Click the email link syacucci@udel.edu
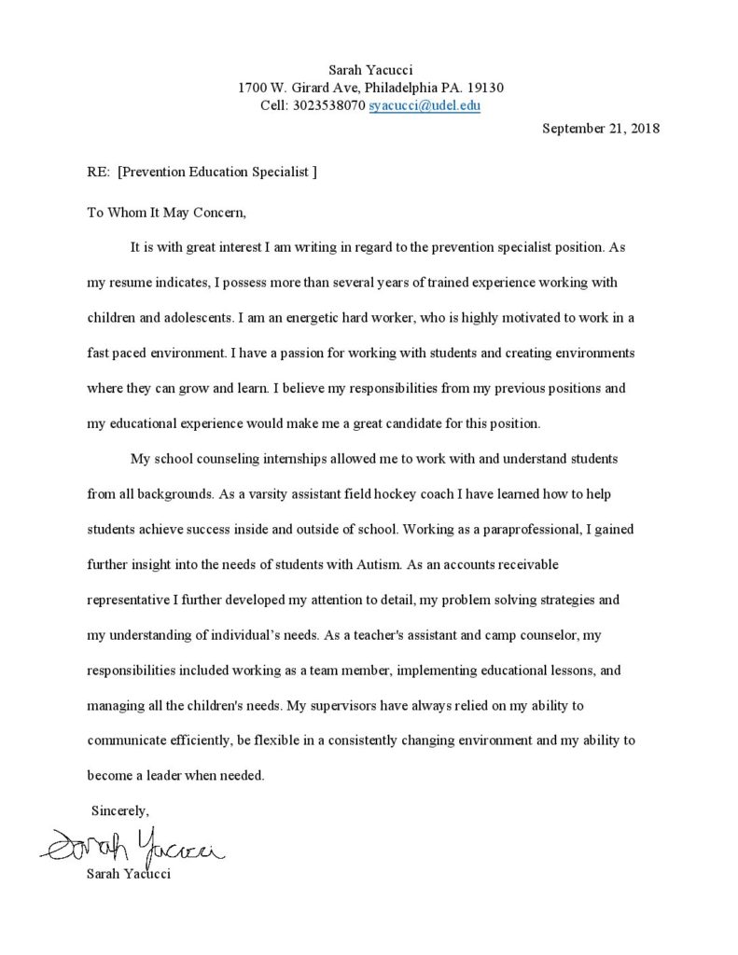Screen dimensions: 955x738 (x=425, y=105)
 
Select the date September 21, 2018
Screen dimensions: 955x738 (x=601, y=129)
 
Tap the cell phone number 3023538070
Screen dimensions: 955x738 (x=329, y=105)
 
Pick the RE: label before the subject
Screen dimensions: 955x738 (x=98, y=173)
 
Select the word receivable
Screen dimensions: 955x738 (x=522, y=564)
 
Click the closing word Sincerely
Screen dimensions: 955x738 (x=120, y=810)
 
